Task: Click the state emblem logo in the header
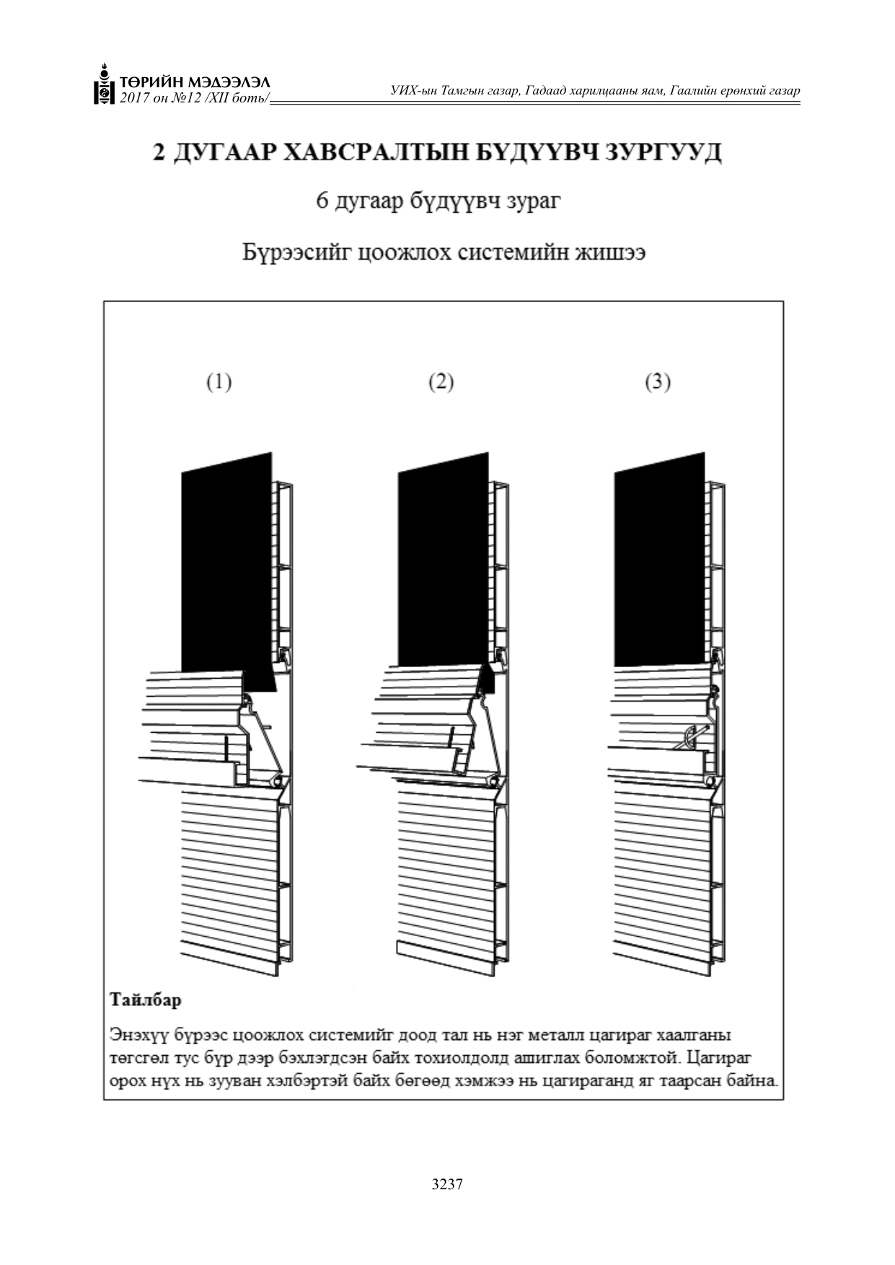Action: point(105,84)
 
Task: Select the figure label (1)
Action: point(219,382)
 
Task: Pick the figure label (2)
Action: point(441,382)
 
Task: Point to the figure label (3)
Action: point(658,382)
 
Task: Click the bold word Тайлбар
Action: point(146,1000)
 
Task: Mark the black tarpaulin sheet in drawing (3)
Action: point(660,559)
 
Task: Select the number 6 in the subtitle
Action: point(322,201)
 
